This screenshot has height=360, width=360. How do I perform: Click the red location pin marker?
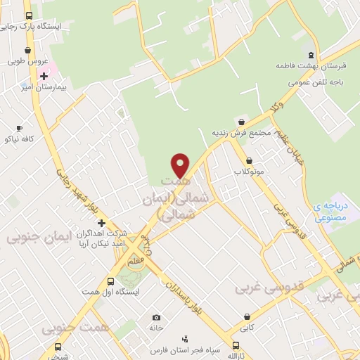click(x=181, y=165)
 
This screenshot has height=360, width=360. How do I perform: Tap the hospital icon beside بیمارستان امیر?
click(x=44, y=75)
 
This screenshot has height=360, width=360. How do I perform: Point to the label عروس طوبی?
click(x=27, y=60)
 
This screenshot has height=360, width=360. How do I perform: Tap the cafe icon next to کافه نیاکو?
click(x=19, y=128)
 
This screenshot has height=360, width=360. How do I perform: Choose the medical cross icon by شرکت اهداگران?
click(x=101, y=222)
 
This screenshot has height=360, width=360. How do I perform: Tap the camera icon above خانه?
click(x=156, y=317)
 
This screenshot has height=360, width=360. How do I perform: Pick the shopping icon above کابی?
click(x=247, y=317)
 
